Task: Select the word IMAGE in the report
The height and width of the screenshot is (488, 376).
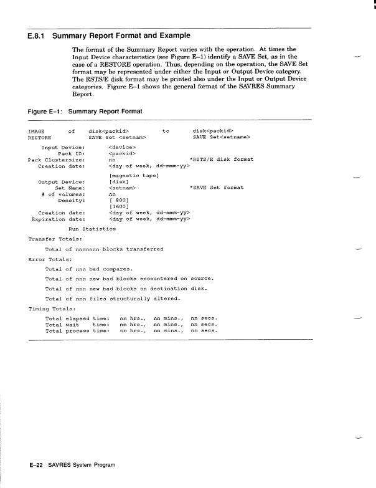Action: click(x=36, y=131)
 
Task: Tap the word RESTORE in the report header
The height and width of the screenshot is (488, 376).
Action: click(x=40, y=136)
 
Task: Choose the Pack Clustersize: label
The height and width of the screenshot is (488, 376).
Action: click(x=57, y=159)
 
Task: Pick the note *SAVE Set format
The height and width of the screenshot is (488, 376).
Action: click(x=216, y=187)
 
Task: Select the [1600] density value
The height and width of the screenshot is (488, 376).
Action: click(x=118, y=205)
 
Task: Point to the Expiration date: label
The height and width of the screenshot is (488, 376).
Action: click(x=58, y=219)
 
